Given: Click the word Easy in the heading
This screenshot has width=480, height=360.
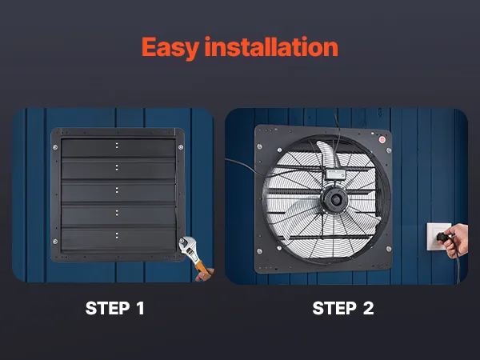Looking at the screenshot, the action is (170, 48).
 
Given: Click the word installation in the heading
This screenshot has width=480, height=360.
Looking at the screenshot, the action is (271, 46).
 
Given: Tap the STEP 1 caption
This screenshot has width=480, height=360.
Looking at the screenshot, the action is (114, 308).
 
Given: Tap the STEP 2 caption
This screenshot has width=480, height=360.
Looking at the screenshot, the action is (343, 308).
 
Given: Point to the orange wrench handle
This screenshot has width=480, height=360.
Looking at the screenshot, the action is (202, 266).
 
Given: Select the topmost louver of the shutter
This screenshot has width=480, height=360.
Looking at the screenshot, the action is (118, 148).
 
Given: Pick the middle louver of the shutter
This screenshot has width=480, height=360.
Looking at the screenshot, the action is (118, 192).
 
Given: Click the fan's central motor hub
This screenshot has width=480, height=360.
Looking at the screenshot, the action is (336, 200).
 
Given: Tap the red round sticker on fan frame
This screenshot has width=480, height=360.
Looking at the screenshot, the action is (382, 139).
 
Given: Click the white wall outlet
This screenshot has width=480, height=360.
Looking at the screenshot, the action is (438, 237).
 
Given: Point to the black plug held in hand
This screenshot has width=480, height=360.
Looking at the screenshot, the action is (442, 237).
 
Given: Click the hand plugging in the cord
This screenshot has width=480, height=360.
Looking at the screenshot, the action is (457, 240).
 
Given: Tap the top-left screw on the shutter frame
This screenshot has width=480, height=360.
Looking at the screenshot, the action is (55, 147).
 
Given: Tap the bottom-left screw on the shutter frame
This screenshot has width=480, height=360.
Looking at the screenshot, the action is (55, 242).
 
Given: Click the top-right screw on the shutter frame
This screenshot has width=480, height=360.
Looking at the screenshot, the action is (181, 147).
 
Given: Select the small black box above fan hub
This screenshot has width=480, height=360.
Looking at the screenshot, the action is (335, 174).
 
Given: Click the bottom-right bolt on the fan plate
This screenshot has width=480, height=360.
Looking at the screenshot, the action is (389, 249).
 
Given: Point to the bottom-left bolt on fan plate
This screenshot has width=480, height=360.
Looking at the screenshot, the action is (259, 251).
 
